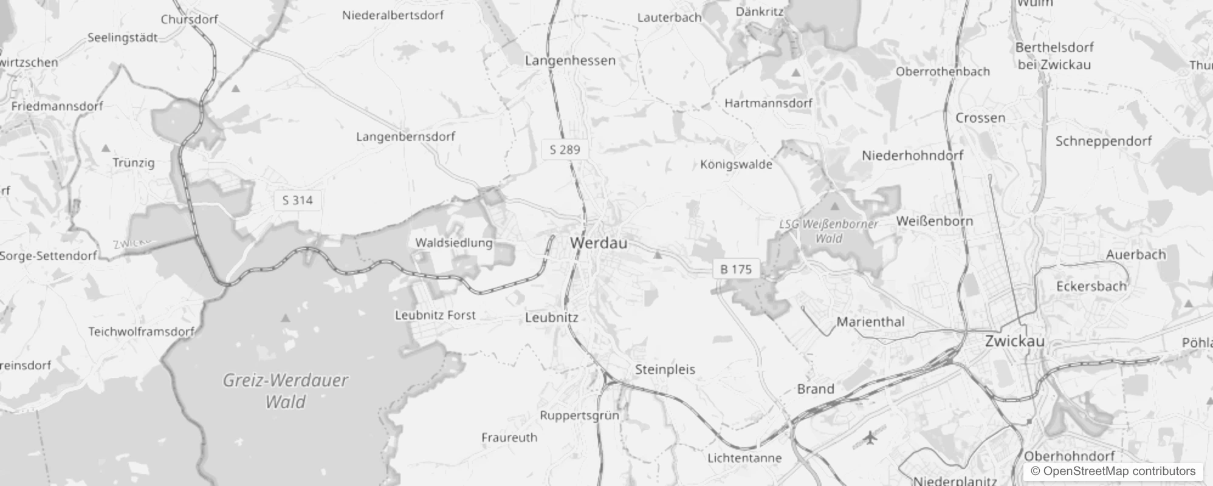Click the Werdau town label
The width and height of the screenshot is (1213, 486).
click(x=599, y=243)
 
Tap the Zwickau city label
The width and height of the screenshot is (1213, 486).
click(x=1014, y=341)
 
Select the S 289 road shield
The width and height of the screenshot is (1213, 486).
click(x=565, y=149)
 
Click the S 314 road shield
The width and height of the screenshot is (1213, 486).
click(x=297, y=200)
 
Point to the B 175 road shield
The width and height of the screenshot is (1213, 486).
click(x=735, y=269)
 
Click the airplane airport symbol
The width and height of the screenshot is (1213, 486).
click(x=871, y=437)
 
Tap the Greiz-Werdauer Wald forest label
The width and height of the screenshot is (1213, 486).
click(x=285, y=391)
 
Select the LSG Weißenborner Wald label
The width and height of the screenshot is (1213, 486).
click(x=828, y=231)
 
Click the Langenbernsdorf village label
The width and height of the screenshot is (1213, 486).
click(x=405, y=137)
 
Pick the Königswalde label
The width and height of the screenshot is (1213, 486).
click(x=736, y=165)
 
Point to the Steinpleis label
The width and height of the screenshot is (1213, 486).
click(x=665, y=369)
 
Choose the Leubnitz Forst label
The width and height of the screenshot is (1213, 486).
click(x=435, y=315)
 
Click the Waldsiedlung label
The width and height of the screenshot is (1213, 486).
click(x=453, y=243)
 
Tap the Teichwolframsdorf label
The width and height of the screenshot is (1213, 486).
click(x=141, y=332)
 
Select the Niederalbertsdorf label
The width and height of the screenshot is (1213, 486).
click(x=393, y=15)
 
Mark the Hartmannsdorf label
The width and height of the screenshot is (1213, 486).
click(x=768, y=103)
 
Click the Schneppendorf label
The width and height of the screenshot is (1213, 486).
click(x=1103, y=141)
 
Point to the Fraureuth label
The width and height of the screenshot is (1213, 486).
click(x=509, y=437)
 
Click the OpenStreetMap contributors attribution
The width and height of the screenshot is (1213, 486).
click(x=1113, y=471)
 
